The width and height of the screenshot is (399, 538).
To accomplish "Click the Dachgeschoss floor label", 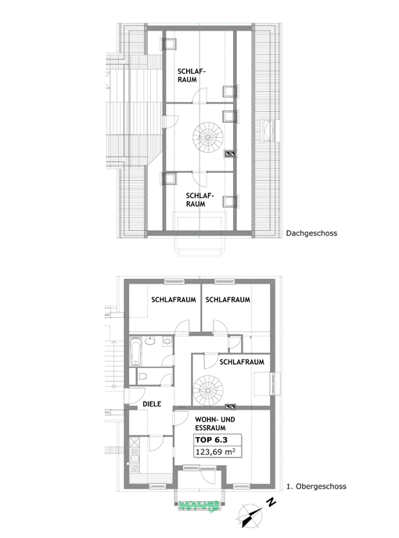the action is click(311, 233).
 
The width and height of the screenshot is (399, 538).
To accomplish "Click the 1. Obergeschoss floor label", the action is click(316, 486).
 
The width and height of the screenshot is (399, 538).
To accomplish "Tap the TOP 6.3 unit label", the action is click(211, 440).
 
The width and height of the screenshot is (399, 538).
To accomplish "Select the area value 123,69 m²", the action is click(215, 452).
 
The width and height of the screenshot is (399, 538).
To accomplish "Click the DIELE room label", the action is click(152, 404).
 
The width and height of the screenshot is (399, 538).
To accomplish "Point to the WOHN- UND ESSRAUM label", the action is click(215, 424).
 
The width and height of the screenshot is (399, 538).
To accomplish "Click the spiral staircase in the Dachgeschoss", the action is click(208, 137).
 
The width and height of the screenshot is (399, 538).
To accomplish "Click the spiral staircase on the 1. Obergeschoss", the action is click(208, 390).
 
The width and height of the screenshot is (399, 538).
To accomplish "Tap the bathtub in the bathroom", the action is click(135, 352).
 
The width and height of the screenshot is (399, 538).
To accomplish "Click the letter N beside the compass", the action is click(271, 502).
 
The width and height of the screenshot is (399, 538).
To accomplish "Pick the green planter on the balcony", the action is click(199, 506).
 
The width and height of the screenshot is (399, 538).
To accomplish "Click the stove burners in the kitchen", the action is click(135, 468).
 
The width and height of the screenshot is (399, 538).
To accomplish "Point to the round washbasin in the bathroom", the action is click(149, 341).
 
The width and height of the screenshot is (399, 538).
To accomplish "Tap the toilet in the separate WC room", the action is click(142, 377).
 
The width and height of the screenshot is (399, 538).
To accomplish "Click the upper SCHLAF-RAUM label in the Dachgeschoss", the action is click(191, 75).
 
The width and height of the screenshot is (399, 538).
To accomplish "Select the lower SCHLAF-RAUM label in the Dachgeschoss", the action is click(199, 200).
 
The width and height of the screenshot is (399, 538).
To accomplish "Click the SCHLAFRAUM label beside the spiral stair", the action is click(242, 362).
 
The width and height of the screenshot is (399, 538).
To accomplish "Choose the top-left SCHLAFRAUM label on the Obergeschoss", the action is click(174, 299).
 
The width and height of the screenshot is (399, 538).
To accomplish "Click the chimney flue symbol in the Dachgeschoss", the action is click(230, 153).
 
